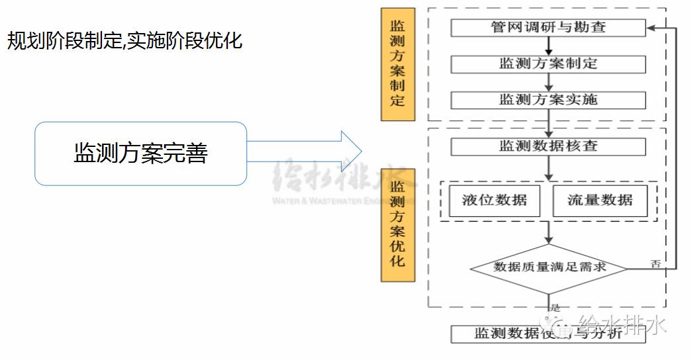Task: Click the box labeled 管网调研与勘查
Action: pos(548,28)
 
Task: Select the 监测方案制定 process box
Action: pos(548,64)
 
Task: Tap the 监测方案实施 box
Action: pos(548,100)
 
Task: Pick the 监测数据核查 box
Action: pos(548,146)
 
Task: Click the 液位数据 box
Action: pos(494,200)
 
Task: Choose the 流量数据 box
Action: pos(600,200)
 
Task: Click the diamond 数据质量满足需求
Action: pos(549,268)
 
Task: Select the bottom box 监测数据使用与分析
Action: pos(548,334)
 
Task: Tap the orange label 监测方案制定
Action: pos(397,64)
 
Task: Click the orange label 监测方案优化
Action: pos(397,225)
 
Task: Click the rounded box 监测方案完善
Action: pos(140,154)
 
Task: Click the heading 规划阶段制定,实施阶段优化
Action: pos(124,41)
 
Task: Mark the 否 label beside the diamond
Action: pos(656,263)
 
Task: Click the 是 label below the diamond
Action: pos(555,308)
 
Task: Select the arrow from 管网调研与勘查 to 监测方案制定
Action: pos(548,46)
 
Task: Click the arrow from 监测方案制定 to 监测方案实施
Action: pos(548,82)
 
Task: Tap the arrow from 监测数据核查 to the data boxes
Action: pos(548,168)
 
